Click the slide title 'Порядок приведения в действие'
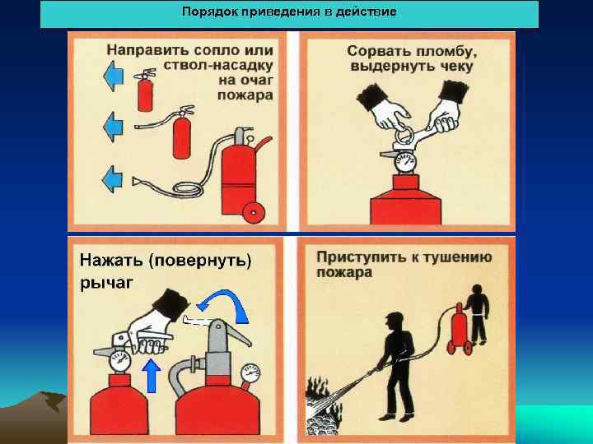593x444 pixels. [x=289, y=12]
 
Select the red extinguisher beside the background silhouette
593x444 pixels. [x=455, y=329]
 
